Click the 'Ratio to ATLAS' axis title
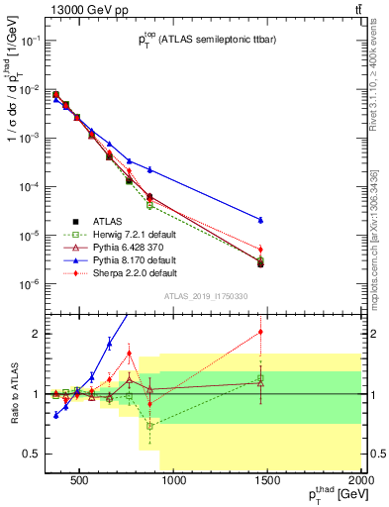(13, 393)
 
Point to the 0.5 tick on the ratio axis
(32, 455)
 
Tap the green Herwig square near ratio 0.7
(149, 426)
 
